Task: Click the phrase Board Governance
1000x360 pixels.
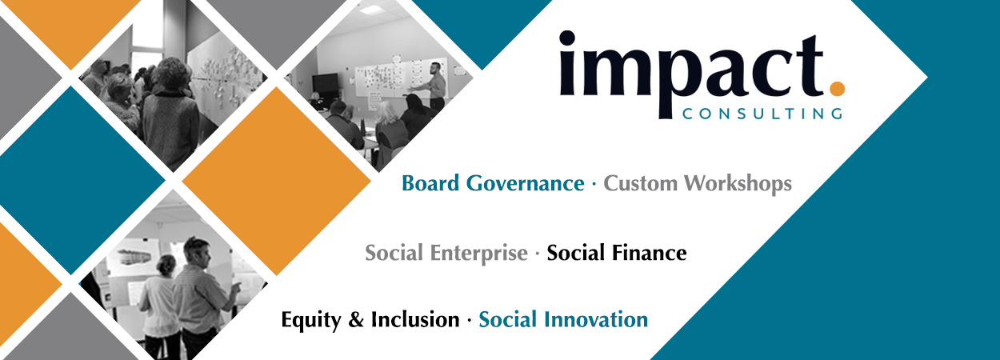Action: [493, 184]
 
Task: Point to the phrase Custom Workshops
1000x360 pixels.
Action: [698, 184]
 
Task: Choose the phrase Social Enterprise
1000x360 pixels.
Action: [446, 254]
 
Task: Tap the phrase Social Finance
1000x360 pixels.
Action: [617, 254]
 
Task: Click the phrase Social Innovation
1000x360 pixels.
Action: [563, 320]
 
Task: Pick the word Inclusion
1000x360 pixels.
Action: [414, 320]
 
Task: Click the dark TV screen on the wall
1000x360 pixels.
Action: [326, 83]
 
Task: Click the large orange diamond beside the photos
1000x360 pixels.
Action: [276, 180]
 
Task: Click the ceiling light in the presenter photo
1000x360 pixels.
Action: [372, 10]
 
